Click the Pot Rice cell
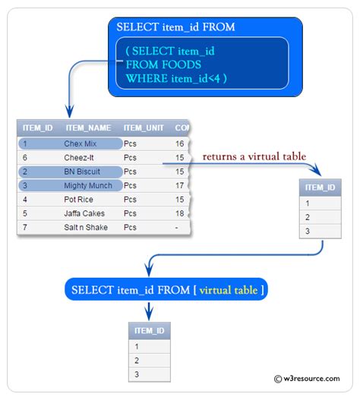[78, 200]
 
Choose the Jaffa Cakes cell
[84, 213]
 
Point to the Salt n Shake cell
[86, 228]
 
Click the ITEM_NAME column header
[88, 128]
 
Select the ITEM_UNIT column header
[143, 128]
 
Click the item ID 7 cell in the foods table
[25, 228]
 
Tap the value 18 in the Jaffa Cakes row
[180, 213]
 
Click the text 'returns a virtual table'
[254, 156]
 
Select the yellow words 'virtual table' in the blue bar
[232, 289]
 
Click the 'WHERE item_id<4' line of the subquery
[176, 78]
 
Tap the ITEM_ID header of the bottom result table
[149, 331]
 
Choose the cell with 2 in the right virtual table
[307, 217]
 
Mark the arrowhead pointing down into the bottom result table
[150, 314]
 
